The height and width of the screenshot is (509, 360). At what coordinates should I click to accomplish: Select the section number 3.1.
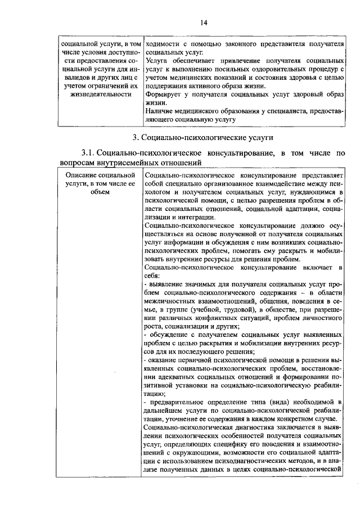[90, 153]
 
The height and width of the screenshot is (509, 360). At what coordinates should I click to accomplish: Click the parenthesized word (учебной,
[219, 309]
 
